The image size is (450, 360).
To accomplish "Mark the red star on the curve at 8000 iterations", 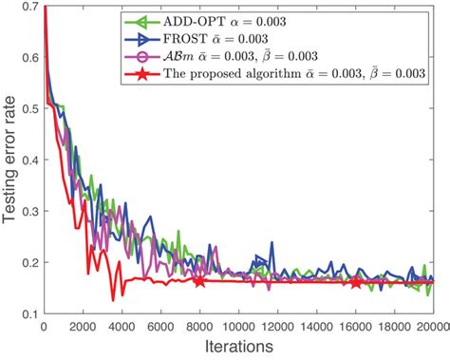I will [199, 281].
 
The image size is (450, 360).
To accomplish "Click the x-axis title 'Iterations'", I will [238, 348].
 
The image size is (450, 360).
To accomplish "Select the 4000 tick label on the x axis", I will [122, 326].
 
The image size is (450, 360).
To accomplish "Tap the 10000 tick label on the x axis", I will [238, 326].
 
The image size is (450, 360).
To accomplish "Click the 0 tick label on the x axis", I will [44, 326].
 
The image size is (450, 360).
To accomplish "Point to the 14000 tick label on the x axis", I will [316, 326].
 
